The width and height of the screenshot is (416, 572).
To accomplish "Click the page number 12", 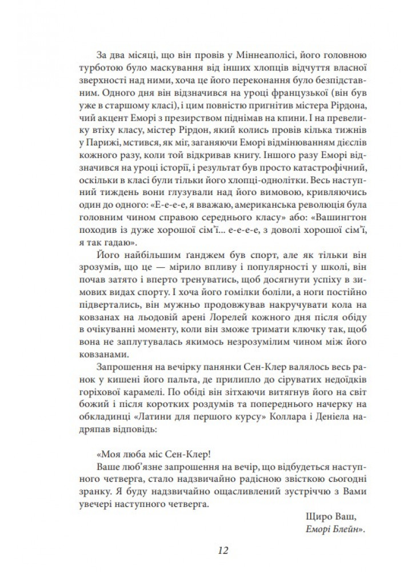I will click(223, 551).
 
